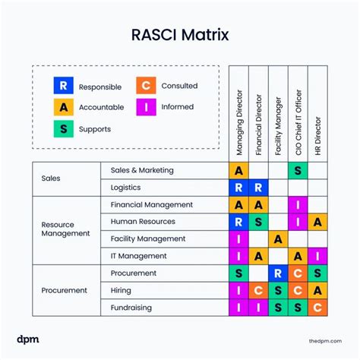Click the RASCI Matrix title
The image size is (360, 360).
pos(180,36)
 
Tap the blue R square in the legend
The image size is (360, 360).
pos(65,86)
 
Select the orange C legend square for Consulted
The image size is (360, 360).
pos(147,86)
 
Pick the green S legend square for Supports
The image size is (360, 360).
pos(65,128)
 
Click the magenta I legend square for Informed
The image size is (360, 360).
pos(147,106)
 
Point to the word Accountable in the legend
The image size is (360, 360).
pos(103,107)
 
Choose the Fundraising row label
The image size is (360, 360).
pos(131,308)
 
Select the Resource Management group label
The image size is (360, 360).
pos(65,230)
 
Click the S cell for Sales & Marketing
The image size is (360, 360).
pos(298,171)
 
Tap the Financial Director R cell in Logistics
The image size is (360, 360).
pos(259,188)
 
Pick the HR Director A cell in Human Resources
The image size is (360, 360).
pos(318,222)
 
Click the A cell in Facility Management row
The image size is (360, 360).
pos(279,238)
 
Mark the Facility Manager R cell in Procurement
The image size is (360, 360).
pos(279,273)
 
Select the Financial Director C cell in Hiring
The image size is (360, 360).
pos(259,290)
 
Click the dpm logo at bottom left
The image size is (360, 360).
pos(27,338)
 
